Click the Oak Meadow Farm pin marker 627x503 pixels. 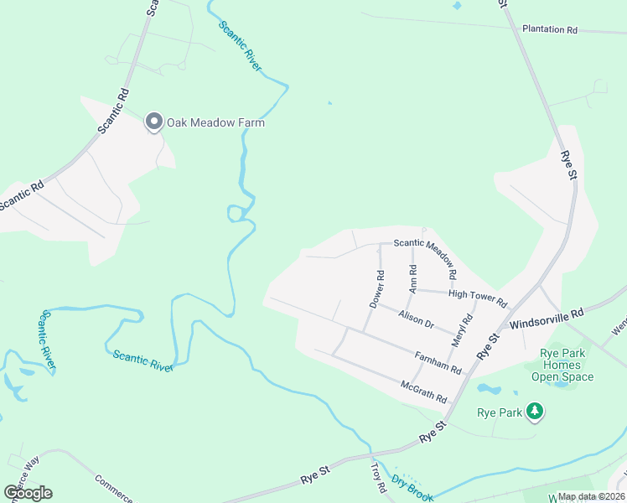point(154,122)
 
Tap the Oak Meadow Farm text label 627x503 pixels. point(215,122)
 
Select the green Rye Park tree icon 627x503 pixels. point(534,412)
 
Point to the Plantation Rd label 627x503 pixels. point(550,29)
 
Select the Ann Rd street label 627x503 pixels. point(412,279)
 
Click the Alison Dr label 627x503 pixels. point(417,319)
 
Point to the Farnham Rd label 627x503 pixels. point(438,362)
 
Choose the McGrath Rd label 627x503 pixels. point(424,392)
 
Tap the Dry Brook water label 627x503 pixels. point(412,486)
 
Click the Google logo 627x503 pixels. point(28,493)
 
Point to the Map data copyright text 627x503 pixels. point(592,496)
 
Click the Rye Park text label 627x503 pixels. point(499,412)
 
